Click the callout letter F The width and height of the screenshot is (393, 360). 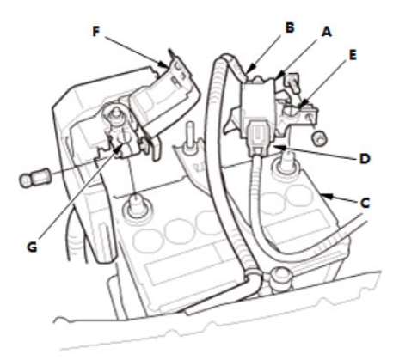point(96,31)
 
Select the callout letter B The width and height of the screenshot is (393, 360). point(290,27)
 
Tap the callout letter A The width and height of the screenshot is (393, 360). point(327,32)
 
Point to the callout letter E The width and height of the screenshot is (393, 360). point(353,55)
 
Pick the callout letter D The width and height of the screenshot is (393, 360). point(365,158)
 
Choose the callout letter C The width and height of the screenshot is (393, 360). point(365,203)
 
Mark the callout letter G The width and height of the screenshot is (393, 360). point(32,247)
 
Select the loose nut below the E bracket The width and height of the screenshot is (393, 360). point(319,138)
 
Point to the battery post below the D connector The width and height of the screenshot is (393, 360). point(286,164)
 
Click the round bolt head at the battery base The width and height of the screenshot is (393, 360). point(280,275)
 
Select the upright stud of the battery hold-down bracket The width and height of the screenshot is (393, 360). point(190,137)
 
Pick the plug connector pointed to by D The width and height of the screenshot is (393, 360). point(259,137)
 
